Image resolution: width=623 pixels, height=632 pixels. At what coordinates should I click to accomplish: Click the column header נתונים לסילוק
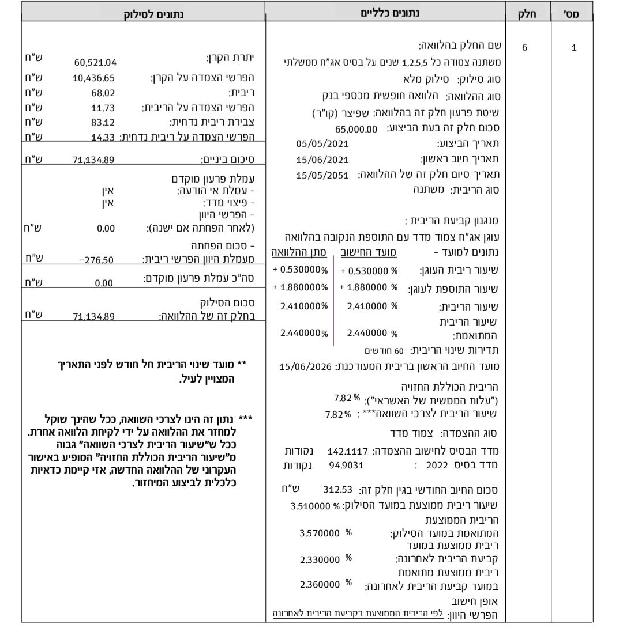coord(142,10)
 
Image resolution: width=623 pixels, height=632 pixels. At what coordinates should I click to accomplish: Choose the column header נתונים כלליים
coord(384,10)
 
